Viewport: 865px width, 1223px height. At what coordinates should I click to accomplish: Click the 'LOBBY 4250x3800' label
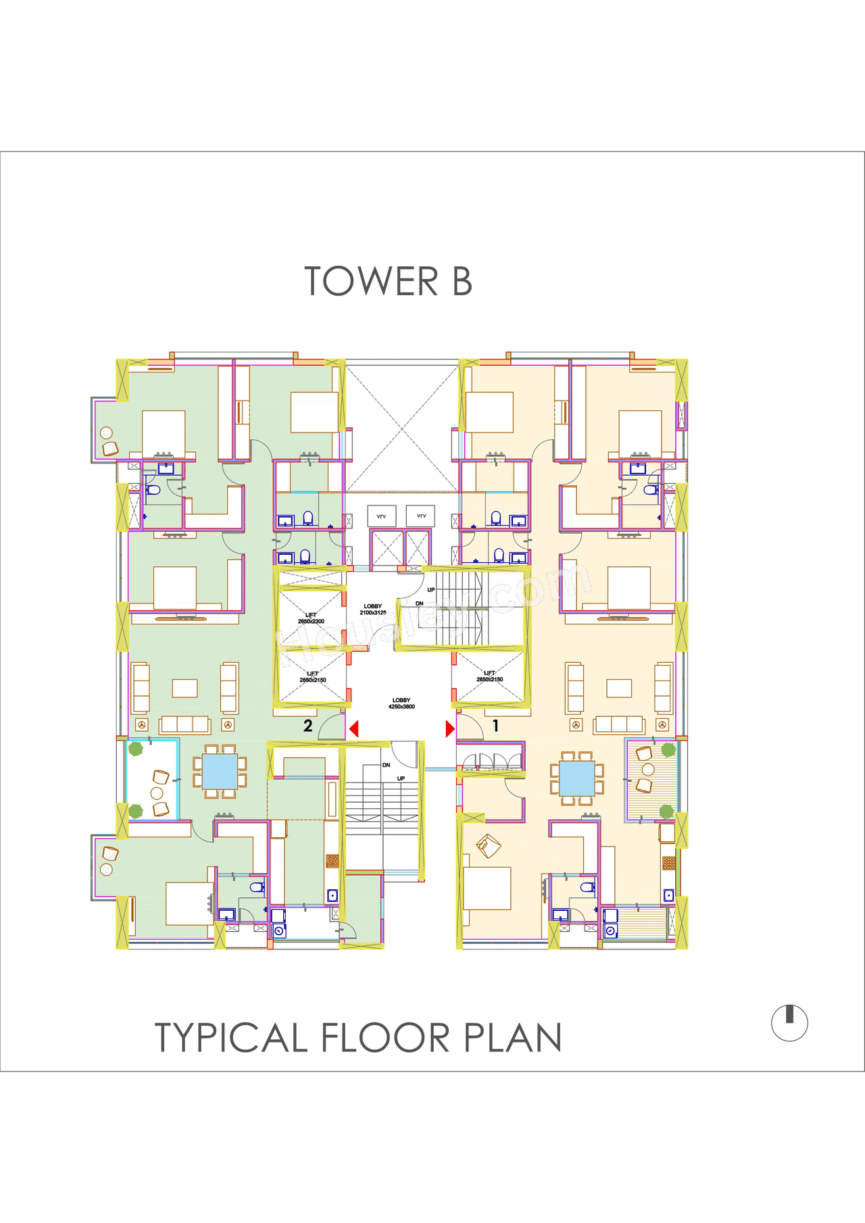coord(401,703)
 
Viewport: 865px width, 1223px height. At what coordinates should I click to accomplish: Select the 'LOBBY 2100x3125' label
coord(373,609)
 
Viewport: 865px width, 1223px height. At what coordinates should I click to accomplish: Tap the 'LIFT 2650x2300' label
coord(311,618)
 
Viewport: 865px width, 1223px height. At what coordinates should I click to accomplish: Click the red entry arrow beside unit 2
coord(353,729)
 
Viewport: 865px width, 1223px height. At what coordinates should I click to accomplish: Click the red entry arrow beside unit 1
coord(450,729)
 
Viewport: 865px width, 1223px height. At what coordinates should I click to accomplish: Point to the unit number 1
coord(495,726)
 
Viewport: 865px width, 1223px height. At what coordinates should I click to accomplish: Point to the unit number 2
coord(308,726)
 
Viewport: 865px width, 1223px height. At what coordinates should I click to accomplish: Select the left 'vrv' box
coord(382,516)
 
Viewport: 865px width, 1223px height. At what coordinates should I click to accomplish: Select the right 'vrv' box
coord(421,516)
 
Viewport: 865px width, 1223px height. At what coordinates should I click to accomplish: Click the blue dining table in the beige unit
coord(576,778)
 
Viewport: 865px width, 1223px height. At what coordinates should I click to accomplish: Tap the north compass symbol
coord(789,1022)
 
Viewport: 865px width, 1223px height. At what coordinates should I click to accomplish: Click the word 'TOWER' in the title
coord(371,282)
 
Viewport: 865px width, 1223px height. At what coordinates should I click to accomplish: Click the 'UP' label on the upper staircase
coord(431,590)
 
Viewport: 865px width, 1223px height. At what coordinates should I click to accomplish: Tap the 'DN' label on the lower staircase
coord(386,765)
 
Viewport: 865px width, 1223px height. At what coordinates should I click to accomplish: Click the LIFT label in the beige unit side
coord(490,676)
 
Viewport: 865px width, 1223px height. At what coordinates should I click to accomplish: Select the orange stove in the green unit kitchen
coord(332,861)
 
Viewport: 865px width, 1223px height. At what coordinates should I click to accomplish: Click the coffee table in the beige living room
coord(619,689)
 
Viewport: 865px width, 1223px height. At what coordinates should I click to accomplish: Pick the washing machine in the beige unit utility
coord(610,930)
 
